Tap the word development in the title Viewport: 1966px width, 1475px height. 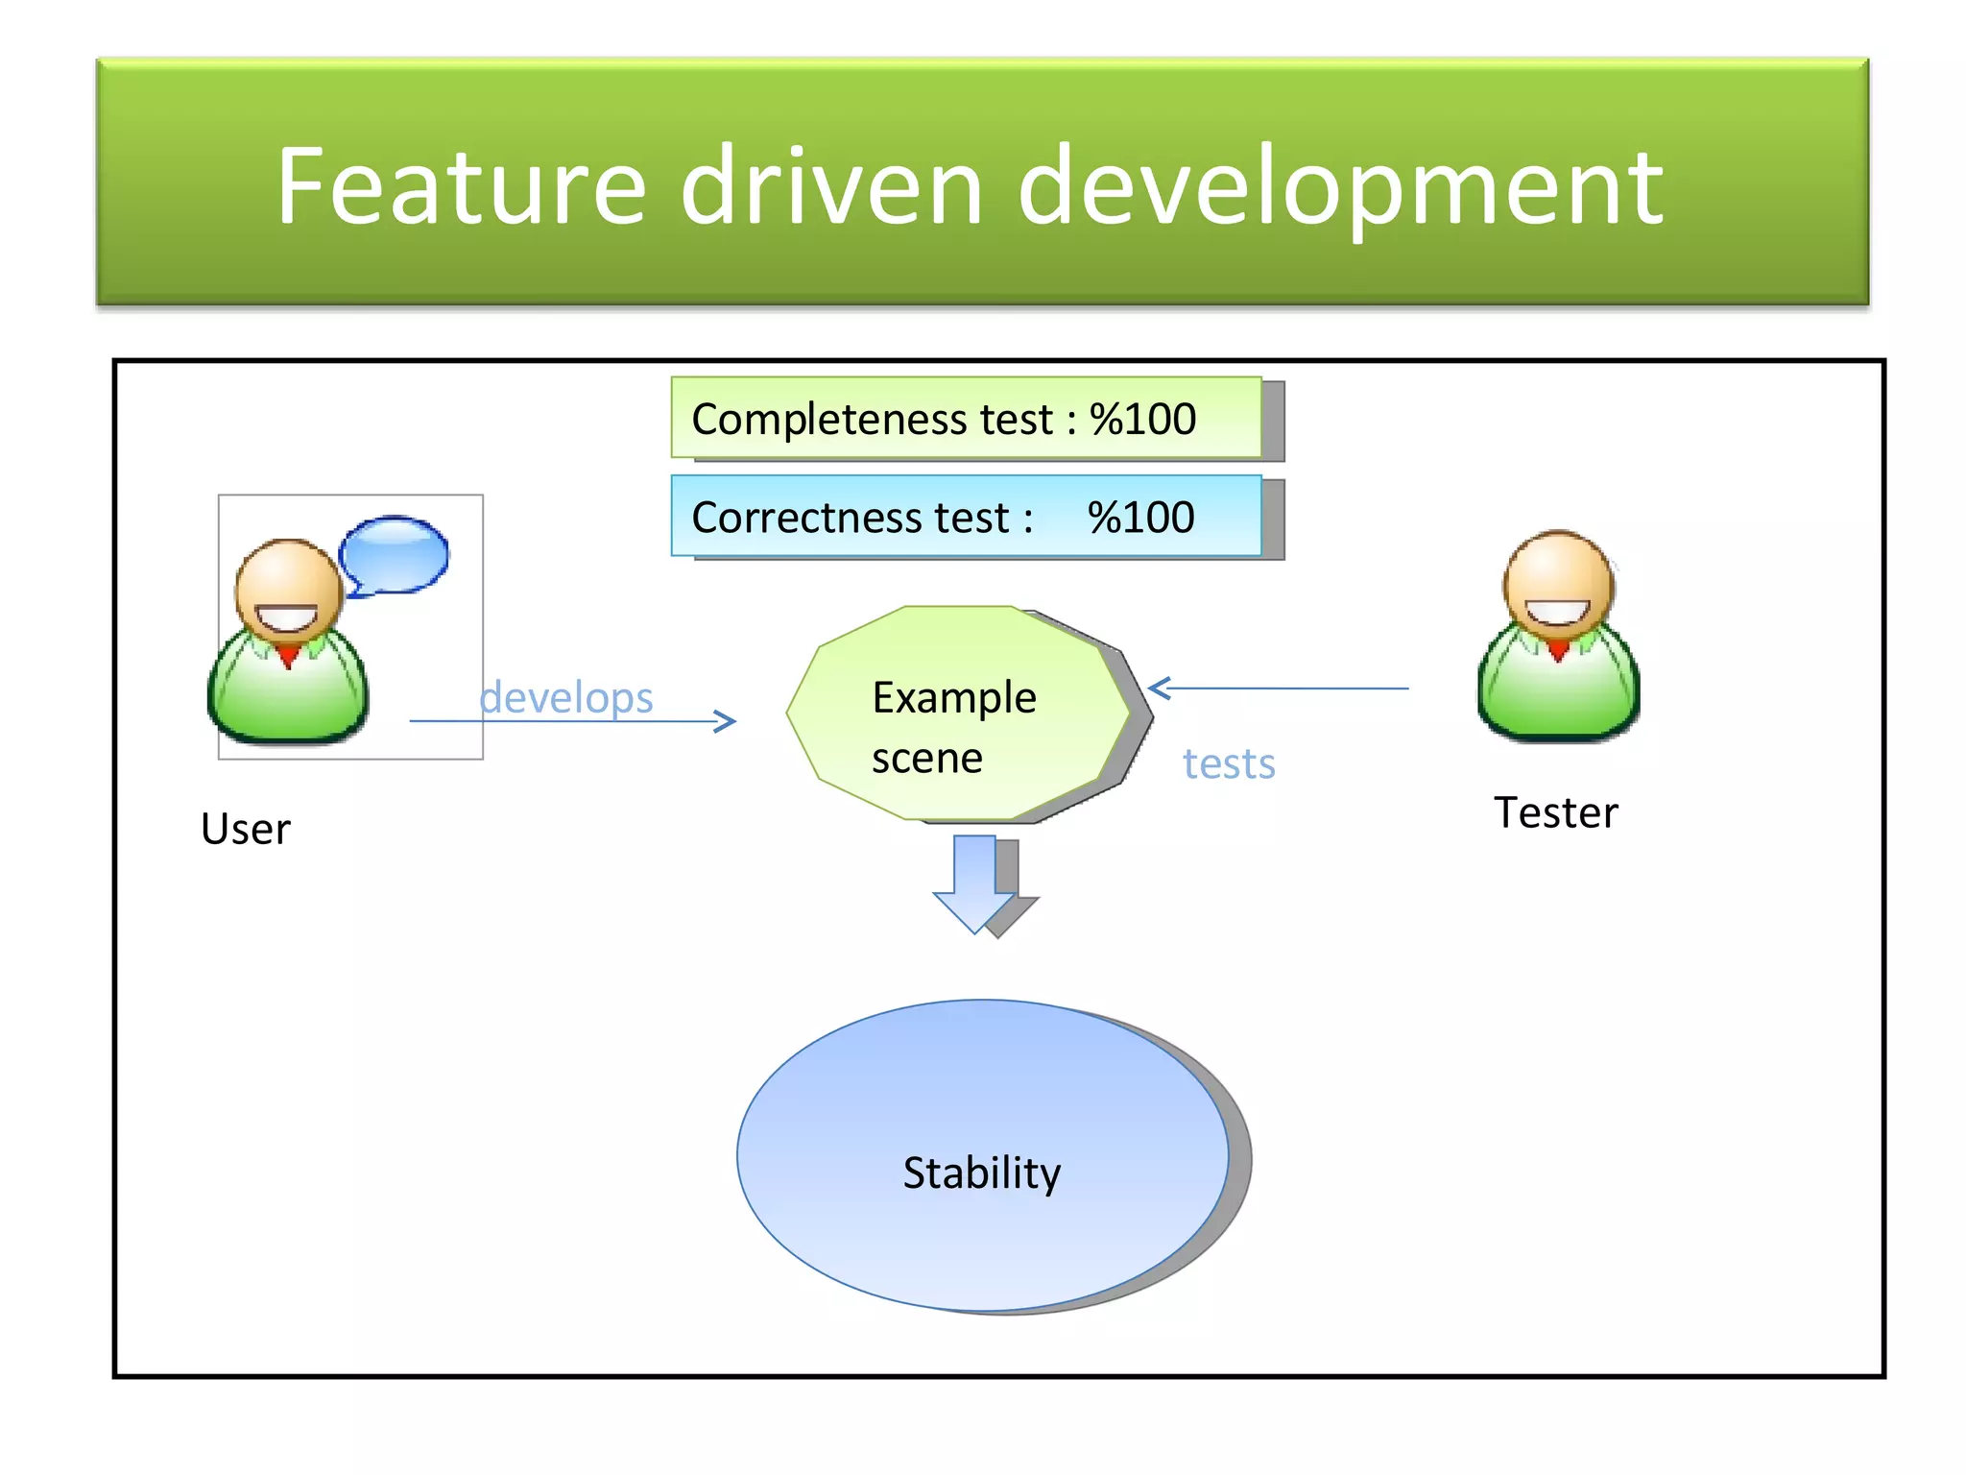coord(1340,187)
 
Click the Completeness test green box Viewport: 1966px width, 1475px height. coord(966,418)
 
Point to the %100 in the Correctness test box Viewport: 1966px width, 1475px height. coord(1140,518)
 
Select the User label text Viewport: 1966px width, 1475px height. coord(245,829)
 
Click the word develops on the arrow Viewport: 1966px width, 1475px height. coord(566,697)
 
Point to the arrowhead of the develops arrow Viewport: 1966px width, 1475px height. coord(728,721)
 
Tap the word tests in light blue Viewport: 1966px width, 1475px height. coord(1229,764)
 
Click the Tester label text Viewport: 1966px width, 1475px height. coord(1555,812)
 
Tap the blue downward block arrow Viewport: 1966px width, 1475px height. coord(975,883)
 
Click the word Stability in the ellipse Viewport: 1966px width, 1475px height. coord(981,1173)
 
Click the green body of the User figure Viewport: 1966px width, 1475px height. coord(288,691)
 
